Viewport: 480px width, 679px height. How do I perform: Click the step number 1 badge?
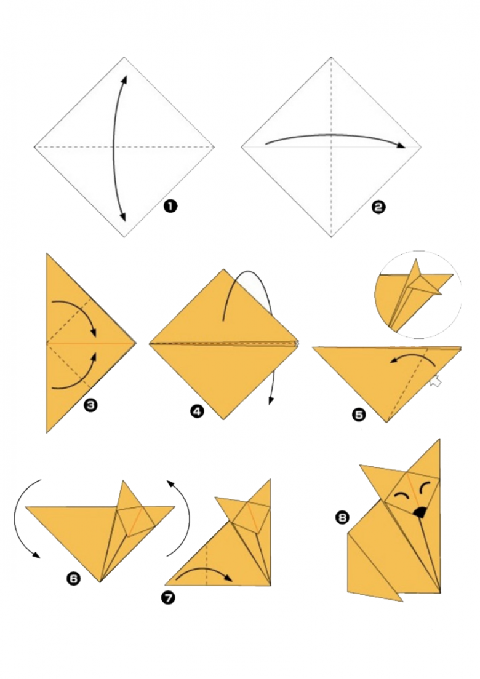(170, 206)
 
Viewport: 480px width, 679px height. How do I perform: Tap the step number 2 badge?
(378, 207)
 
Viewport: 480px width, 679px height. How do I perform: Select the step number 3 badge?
(90, 405)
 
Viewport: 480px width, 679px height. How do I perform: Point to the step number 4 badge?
(197, 411)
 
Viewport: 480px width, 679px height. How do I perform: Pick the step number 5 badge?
(359, 415)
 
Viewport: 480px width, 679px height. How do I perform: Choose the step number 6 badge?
(73, 578)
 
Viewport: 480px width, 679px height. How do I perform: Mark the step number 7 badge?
(168, 598)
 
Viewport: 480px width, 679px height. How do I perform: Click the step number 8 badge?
(342, 517)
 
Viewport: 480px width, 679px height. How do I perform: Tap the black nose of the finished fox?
(419, 513)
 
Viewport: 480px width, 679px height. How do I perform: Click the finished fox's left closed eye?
(402, 495)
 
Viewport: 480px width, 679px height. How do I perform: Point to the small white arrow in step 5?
(435, 382)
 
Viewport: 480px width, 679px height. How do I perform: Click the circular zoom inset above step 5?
(418, 295)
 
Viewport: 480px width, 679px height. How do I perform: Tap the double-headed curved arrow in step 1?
(114, 147)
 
